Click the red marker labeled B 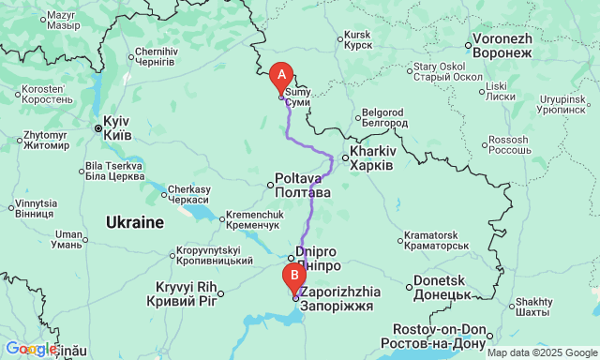(x=294, y=277)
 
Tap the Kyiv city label (x=116, y=128)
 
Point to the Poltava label (x=302, y=185)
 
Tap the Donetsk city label (x=440, y=287)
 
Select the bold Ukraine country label (x=134, y=223)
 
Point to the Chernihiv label (x=155, y=56)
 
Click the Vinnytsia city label (x=36, y=208)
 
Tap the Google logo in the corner (x=28, y=349)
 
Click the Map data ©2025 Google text (x=541, y=352)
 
